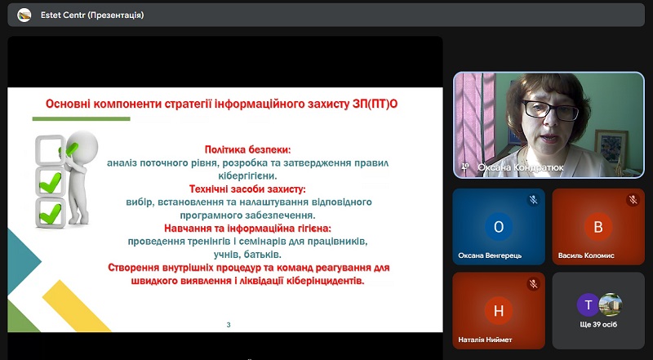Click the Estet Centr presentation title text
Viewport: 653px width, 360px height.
pos(92,16)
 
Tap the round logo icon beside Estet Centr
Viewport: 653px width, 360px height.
pos(24,16)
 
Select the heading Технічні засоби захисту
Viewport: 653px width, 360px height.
pos(247,189)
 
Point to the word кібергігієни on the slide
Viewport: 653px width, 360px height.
pos(247,176)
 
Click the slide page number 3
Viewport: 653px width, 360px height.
pos(229,325)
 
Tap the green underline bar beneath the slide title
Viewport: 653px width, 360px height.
pos(81,118)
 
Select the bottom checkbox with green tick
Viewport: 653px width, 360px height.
pos(51,212)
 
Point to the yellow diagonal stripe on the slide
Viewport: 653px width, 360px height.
pos(76,305)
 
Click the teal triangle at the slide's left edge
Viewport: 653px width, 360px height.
pos(24,262)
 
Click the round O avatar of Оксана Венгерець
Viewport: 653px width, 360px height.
pos(499,227)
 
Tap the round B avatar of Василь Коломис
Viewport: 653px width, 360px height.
pos(598,227)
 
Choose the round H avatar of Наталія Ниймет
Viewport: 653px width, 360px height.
pos(499,311)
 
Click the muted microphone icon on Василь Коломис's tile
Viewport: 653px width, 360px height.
pos(633,200)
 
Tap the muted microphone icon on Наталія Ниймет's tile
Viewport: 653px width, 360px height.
pos(533,284)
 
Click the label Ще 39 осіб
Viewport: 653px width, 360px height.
pos(598,325)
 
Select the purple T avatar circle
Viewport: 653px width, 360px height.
pos(588,305)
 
